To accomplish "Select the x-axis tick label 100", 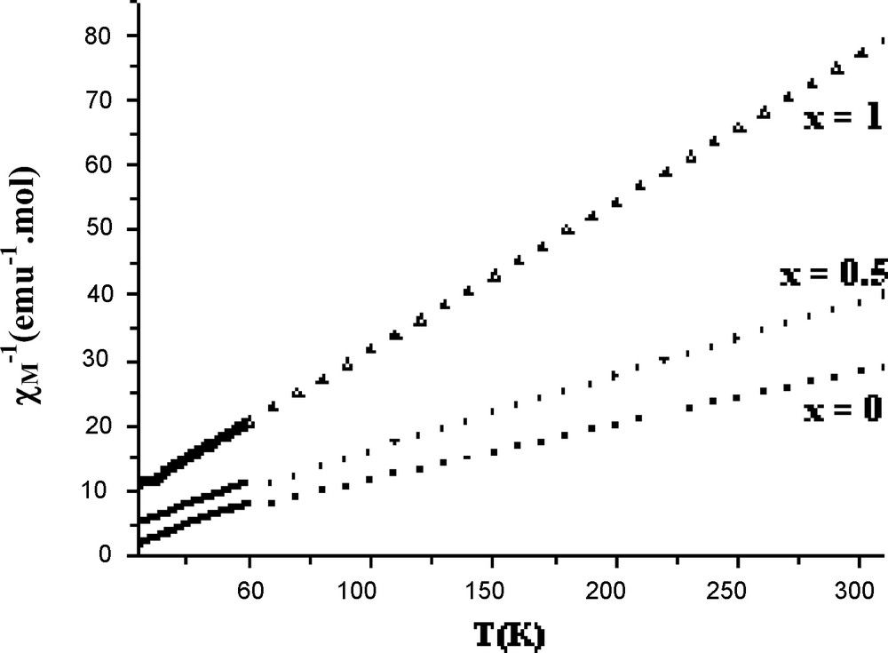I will [369, 589].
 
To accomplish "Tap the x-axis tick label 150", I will [491, 589].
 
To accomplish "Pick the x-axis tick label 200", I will [614, 589].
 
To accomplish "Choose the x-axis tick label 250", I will [737, 589].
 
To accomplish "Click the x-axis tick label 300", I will [860, 589].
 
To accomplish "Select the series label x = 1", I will [842, 118].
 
